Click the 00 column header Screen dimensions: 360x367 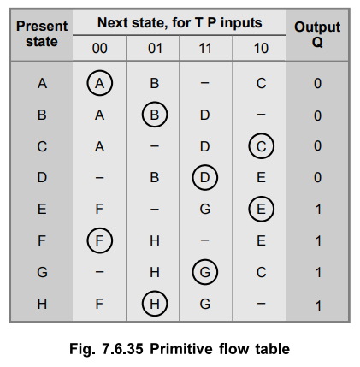click(99, 48)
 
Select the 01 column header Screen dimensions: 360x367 click(155, 48)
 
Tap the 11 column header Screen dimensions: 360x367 click(205, 48)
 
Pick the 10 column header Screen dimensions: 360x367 click(261, 48)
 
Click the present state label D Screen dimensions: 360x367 click(42, 177)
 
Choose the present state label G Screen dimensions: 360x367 click(42, 272)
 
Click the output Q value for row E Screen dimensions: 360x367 click(318, 210)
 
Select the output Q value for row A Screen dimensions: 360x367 click(317, 83)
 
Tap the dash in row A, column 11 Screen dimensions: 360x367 click(204, 83)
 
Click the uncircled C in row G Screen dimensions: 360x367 click(261, 272)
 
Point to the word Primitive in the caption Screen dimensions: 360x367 click(181, 349)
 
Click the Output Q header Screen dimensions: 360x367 click(317, 34)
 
